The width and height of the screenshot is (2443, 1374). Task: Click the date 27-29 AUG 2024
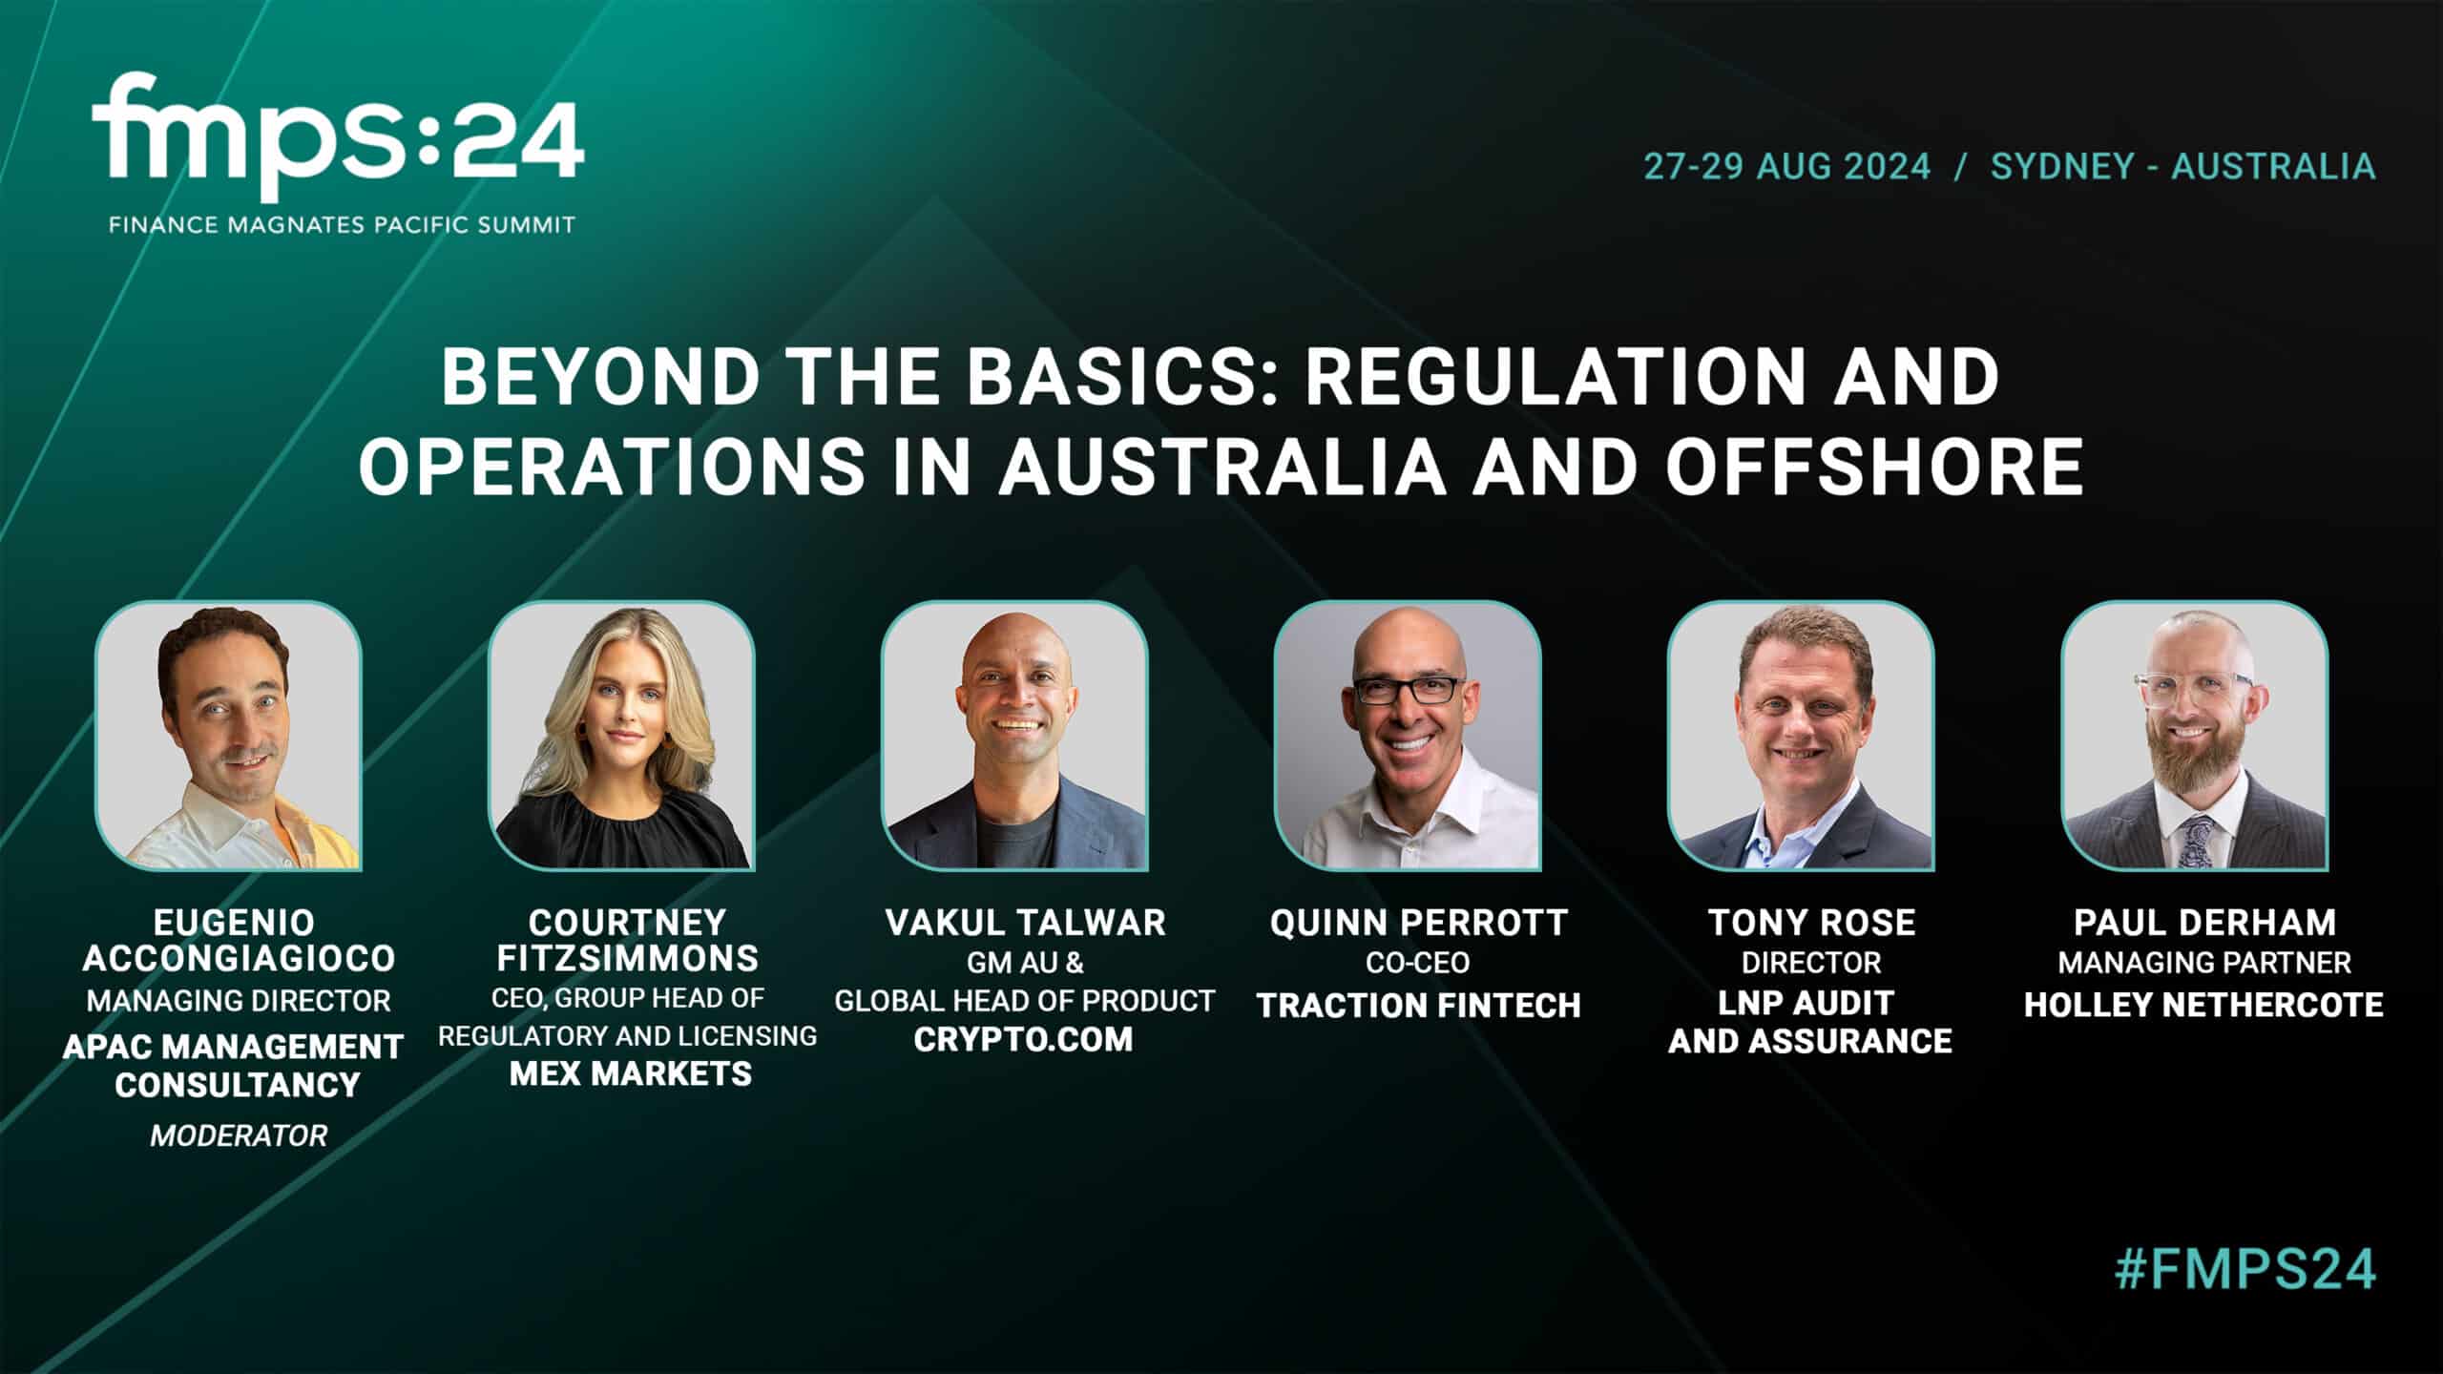point(1786,166)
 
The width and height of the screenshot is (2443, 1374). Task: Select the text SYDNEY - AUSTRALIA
point(2182,166)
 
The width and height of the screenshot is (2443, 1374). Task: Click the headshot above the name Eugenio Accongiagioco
point(228,735)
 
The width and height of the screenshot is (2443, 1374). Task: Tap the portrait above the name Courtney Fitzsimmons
point(621,735)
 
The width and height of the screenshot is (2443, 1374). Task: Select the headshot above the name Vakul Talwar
point(1014,735)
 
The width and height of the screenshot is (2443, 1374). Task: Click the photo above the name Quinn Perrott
point(1408,735)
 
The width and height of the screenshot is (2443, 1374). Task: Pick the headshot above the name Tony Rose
point(1801,735)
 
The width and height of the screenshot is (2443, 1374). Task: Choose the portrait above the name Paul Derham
point(2194,735)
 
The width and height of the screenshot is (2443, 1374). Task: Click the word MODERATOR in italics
point(239,1135)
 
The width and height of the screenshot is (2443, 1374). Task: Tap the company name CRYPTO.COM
point(1023,1039)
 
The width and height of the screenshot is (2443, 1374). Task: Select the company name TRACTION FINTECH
point(1418,1006)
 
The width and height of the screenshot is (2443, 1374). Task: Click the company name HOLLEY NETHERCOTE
point(2204,1005)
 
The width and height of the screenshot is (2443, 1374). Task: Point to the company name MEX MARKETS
point(631,1073)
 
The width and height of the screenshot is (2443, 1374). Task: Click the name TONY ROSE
point(1811,923)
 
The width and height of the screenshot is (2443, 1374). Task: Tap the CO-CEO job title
point(1418,963)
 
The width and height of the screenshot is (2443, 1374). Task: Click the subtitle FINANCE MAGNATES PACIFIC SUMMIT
point(342,226)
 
